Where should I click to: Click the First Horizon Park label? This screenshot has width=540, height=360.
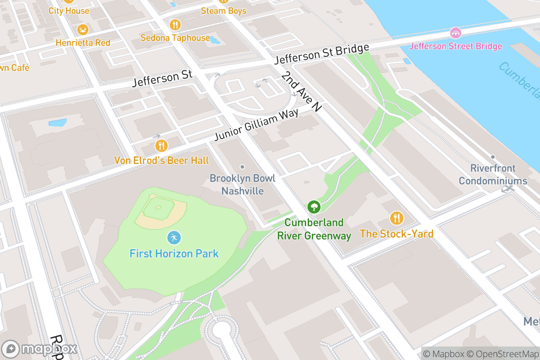point(174,253)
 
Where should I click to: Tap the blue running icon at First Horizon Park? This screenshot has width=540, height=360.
point(174,237)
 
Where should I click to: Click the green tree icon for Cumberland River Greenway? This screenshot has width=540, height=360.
point(314,207)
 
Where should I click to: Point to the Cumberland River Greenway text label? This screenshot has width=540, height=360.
point(314,229)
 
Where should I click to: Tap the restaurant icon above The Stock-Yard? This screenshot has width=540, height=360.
point(396,218)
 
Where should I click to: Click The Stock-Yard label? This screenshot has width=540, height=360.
point(396,234)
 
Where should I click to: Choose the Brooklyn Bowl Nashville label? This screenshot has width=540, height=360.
point(243,184)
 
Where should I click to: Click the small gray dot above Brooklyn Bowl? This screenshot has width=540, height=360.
point(243,167)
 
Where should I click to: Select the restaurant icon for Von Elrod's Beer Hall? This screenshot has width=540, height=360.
point(161,145)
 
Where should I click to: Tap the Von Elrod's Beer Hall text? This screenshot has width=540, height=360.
point(161,160)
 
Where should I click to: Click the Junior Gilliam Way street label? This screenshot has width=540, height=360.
point(256,125)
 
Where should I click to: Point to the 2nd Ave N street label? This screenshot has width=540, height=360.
point(302,92)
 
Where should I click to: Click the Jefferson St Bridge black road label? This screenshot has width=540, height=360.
point(321,54)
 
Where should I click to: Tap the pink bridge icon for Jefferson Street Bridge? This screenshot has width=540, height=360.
point(455,33)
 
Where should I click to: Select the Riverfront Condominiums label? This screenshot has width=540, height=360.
point(493,175)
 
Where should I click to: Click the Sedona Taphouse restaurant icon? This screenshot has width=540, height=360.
point(175,24)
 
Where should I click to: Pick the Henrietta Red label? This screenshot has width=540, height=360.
point(83,43)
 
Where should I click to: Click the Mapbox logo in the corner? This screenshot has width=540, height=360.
point(40,349)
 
